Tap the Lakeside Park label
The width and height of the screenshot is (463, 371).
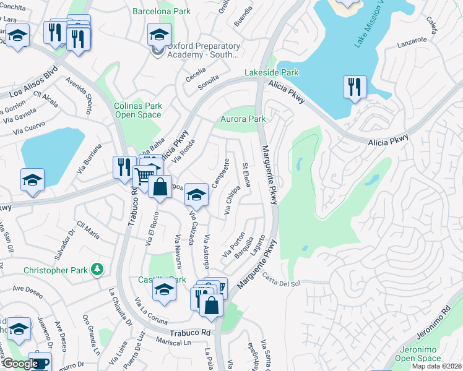pyautogui.click(x=271, y=73)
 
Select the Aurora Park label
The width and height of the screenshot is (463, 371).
pyautogui.click(x=243, y=119)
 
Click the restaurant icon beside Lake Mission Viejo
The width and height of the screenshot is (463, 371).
pyautogui.click(x=355, y=87)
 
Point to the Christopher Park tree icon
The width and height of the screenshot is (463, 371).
pyautogui.click(x=96, y=269)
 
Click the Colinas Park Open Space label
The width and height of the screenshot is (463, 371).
pyautogui.click(x=139, y=110)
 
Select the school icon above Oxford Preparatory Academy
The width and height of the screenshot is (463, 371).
pyautogui.click(x=159, y=35)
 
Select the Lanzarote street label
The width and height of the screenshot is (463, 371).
pyautogui.click(x=412, y=41)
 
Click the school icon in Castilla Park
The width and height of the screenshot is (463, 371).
pyautogui.click(x=164, y=289)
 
